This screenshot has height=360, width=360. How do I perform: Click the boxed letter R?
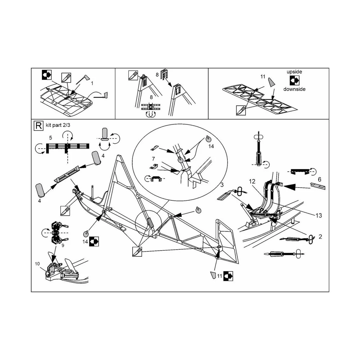(38, 125)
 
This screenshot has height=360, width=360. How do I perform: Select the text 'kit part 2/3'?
(58, 125)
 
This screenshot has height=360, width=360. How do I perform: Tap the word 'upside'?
(294, 72)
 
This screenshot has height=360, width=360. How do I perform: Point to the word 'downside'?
(294, 89)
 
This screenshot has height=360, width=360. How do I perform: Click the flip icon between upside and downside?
(294, 80)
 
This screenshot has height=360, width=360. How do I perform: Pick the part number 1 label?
(92, 83)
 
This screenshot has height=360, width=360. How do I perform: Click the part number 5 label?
(50, 138)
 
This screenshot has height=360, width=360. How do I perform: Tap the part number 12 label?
(252, 181)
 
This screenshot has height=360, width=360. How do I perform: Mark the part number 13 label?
(319, 215)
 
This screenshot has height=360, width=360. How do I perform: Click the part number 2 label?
(320, 237)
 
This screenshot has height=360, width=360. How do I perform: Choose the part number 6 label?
(319, 179)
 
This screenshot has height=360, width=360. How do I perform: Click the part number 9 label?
(63, 245)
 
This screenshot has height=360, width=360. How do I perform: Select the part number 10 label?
(37, 264)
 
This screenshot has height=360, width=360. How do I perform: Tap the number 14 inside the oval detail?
(211, 146)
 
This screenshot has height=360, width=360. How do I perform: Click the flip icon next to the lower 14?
(94, 241)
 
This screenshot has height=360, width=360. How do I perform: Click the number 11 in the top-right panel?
(263, 77)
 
